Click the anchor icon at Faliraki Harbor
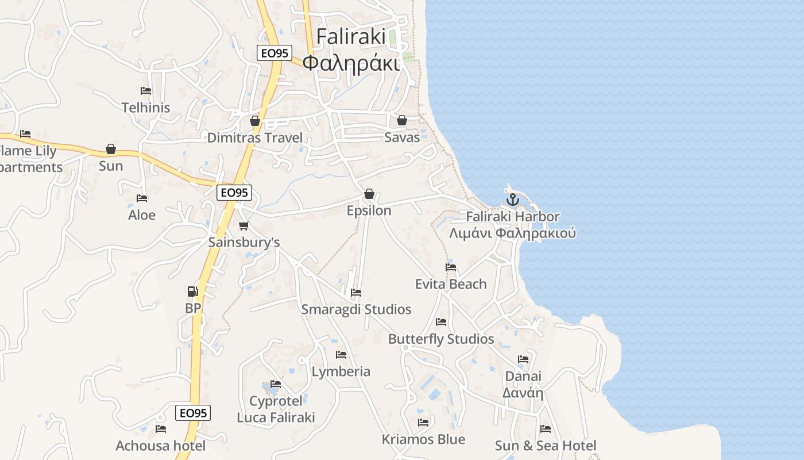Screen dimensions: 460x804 click(x=512, y=200)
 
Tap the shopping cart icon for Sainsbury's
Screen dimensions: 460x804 click(x=244, y=225)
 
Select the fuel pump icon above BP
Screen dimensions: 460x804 click(x=193, y=292)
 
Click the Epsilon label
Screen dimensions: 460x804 click(x=369, y=210)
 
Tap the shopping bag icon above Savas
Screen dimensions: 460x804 click(x=402, y=120)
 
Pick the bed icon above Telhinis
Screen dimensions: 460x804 click(x=146, y=91)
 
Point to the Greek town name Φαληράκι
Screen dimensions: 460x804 click(x=351, y=63)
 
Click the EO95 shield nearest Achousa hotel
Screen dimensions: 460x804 click(x=193, y=412)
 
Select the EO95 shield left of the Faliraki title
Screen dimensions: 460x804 click(x=274, y=53)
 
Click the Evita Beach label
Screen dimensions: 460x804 click(x=451, y=284)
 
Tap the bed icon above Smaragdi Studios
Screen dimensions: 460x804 click(x=356, y=293)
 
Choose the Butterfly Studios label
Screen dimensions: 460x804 click(x=441, y=339)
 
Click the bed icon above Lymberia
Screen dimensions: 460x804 click(x=341, y=355)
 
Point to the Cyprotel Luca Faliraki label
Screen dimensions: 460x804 click(x=276, y=409)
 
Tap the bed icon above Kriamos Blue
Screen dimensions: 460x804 click(x=423, y=423)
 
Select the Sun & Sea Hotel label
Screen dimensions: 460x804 click(x=546, y=446)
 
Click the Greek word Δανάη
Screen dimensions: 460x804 click(x=523, y=393)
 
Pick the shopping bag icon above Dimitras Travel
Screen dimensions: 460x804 click(x=255, y=121)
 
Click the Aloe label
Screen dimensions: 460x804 click(x=142, y=215)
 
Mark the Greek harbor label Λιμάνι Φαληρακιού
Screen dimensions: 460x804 click(x=512, y=233)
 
